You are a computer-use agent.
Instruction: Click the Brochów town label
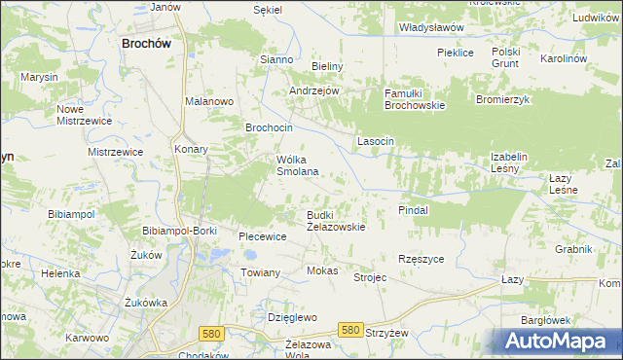(x=147, y=43)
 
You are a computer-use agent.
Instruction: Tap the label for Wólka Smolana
(x=298, y=164)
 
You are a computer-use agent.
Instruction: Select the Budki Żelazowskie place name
(x=336, y=220)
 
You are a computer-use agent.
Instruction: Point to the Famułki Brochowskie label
(x=415, y=98)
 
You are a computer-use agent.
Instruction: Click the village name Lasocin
(x=376, y=141)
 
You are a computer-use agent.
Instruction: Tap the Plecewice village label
(x=263, y=236)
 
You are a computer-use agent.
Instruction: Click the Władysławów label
(x=431, y=28)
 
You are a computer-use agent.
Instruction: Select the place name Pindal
(x=414, y=209)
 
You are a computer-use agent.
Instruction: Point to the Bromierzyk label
(x=501, y=99)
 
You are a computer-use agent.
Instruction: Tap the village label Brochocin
(x=270, y=127)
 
